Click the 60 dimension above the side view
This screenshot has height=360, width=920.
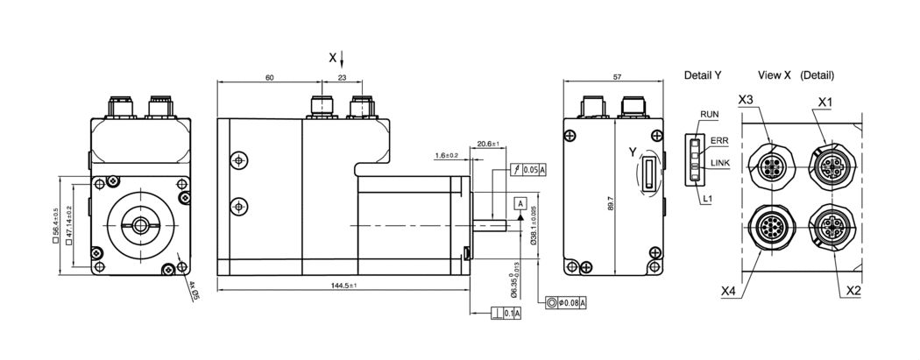[269, 79]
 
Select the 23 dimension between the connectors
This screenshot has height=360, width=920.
[342, 79]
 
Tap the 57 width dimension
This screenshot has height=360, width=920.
[617, 78]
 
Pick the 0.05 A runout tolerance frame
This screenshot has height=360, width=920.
[527, 170]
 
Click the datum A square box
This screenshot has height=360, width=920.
[520, 203]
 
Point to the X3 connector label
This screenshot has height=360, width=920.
[746, 100]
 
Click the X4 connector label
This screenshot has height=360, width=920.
[729, 290]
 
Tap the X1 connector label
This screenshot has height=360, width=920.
[824, 102]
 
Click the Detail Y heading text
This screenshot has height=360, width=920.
[703, 76]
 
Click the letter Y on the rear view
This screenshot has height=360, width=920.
[632, 153]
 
